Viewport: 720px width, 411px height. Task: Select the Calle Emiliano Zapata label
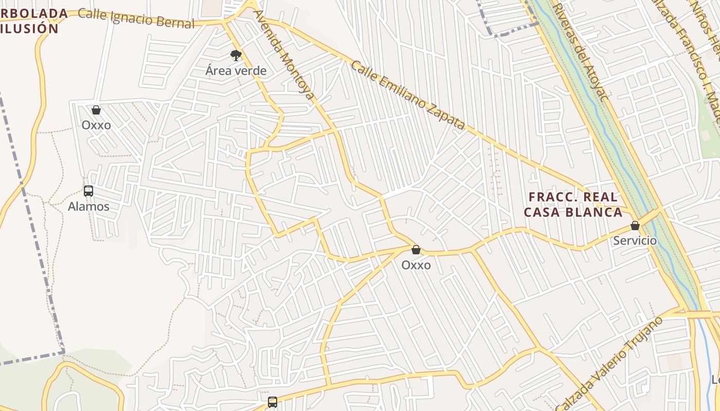408,95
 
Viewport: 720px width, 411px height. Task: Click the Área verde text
236,71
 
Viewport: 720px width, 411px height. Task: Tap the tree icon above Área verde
236,55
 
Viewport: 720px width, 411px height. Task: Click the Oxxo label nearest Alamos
96,125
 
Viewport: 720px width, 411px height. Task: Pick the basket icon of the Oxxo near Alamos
96,110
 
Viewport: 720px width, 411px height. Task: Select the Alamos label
88,207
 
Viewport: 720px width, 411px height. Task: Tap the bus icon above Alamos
88,191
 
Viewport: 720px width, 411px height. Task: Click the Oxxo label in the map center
416,265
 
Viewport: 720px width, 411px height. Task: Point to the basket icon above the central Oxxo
416,250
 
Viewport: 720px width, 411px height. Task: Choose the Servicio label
635,240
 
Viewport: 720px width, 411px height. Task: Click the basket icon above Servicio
635,226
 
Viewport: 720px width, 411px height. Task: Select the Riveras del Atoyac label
581,51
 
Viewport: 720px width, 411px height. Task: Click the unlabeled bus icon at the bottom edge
273,402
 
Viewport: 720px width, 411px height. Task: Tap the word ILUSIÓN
30,29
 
